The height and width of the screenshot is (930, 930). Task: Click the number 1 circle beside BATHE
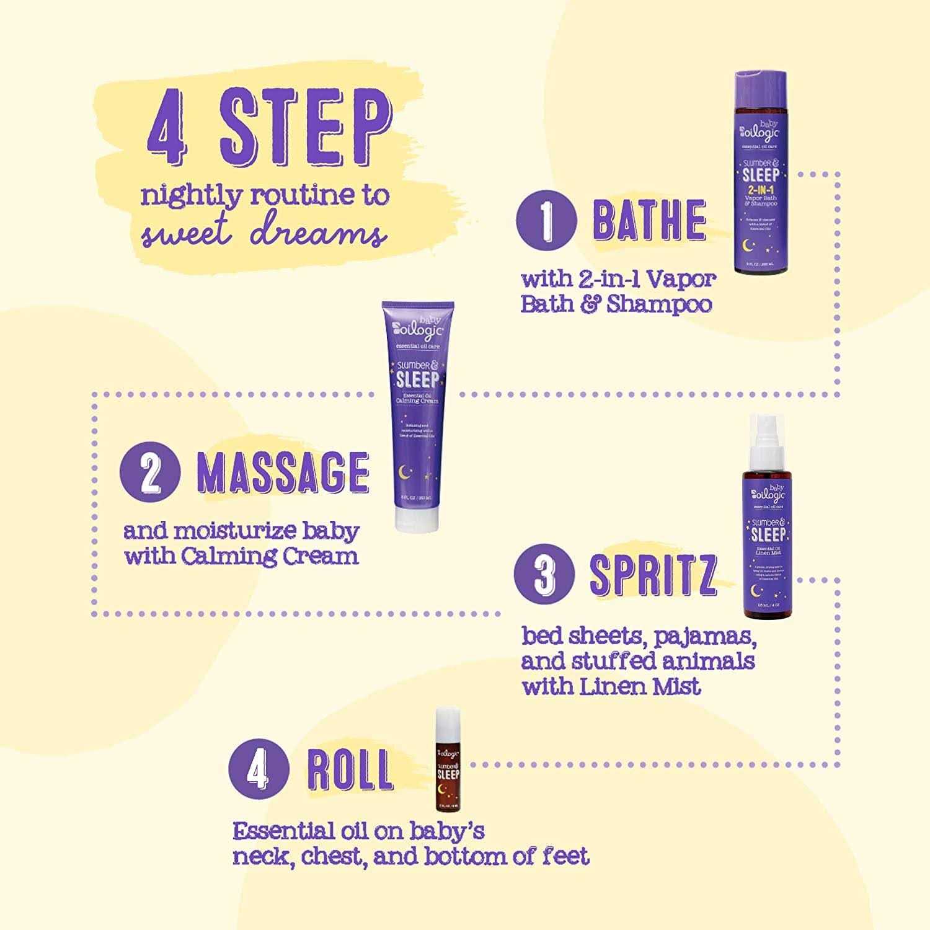(546, 221)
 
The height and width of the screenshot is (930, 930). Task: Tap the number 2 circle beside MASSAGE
(150, 474)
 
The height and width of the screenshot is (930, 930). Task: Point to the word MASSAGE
(283, 473)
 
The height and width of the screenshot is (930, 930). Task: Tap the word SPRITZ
(653, 575)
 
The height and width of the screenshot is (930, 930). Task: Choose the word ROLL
(350, 770)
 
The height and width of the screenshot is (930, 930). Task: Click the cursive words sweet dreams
(264, 234)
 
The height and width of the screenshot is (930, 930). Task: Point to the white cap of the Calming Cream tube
(417, 517)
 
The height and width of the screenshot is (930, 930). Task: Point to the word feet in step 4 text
(565, 856)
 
